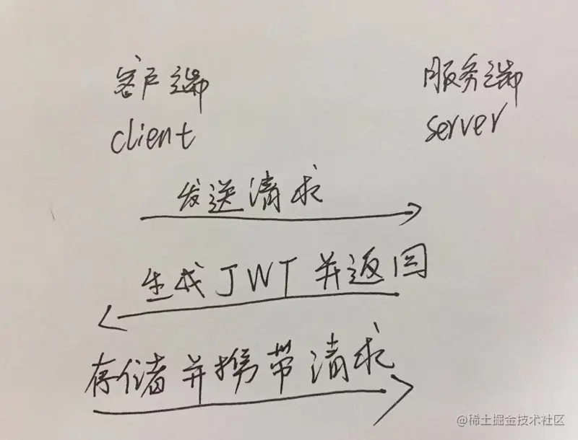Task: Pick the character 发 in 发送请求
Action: click(189, 194)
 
